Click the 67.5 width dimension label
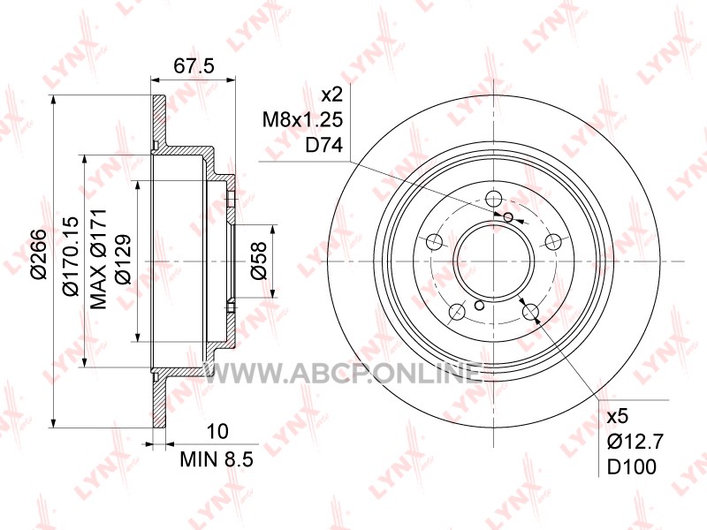(194, 66)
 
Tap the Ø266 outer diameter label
(40, 254)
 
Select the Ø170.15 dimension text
(72, 255)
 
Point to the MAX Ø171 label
(98, 259)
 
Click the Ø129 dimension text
(123, 259)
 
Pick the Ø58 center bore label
(259, 261)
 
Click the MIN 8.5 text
(217, 459)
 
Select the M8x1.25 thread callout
(303, 120)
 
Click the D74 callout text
(324, 146)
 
